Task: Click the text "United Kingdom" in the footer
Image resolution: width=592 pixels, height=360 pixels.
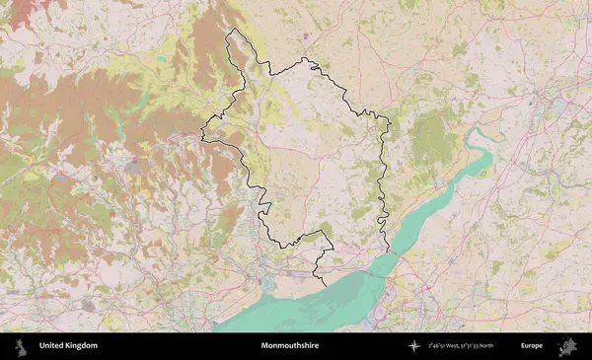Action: pos(68,346)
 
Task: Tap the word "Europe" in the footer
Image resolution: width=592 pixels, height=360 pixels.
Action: pos(532,346)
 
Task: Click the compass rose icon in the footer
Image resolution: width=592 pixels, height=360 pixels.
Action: pos(414,346)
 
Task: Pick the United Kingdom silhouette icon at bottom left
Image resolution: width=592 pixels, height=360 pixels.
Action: pos(20,346)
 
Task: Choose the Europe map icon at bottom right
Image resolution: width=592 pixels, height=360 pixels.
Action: pos(567,346)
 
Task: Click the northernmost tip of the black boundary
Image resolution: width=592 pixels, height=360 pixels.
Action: pos(232,30)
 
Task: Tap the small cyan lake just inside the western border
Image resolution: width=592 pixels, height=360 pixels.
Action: pos(266,205)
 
